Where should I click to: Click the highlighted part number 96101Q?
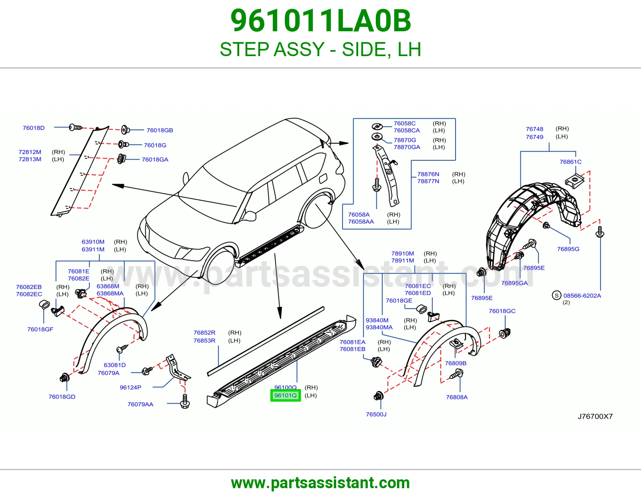(x=286, y=396)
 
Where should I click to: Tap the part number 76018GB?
(x=159, y=130)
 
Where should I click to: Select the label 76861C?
(x=570, y=162)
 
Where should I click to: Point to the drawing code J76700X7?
(x=595, y=416)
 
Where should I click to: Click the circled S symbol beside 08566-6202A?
(x=556, y=295)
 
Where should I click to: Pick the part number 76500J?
(x=376, y=414)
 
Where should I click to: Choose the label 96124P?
(x=130, y=388)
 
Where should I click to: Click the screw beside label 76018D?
(x=75, y=127)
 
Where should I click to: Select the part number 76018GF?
(x=40, y=329)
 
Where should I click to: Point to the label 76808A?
(x=457, y=397)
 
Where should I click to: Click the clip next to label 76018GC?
(x=505, y=333)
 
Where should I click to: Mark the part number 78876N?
(x=428, y=174)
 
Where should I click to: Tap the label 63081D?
(x=115, y=365)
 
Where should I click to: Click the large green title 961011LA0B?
(x=320, y=21)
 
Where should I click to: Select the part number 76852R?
(x=204, y=333)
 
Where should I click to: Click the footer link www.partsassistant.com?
(x=320, y=483)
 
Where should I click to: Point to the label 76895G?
(x=568, y=249)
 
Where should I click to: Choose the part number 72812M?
(x=30, y=152)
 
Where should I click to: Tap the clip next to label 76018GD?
(x=65, y=378)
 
